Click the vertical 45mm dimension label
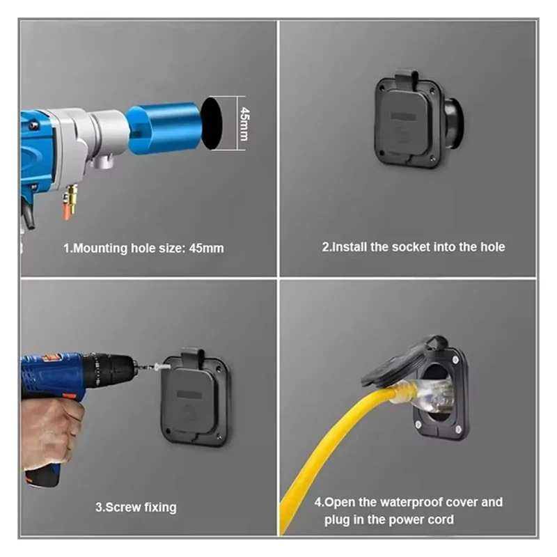coord(244,124)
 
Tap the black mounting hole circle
coord(212,123)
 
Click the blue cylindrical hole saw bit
coord(164,128)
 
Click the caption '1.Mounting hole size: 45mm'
coord(143,248)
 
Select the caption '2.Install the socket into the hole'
coord(414,247)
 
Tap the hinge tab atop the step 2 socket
coord(407,78)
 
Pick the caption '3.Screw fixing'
coord(136,507)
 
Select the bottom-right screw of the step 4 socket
coord(459,430)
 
